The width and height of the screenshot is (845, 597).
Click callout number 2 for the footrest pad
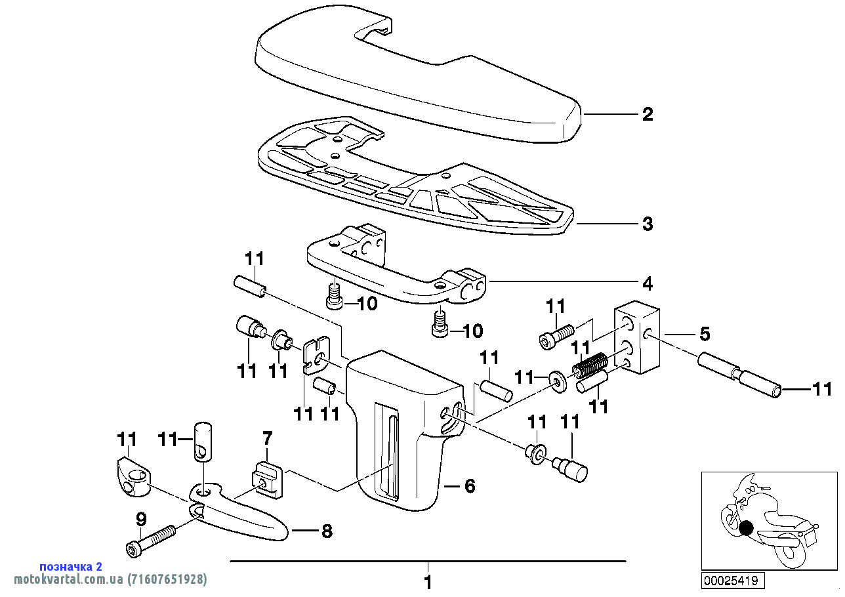[648, 114]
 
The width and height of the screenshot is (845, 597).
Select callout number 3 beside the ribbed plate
[648, 224]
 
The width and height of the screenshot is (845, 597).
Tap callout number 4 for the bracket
[648, 283]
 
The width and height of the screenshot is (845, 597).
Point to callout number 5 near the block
[705, 334]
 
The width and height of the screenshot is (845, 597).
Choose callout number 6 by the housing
[470, 486]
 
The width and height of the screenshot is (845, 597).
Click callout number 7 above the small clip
[267, 439]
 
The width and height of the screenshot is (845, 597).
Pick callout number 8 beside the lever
[327, 531]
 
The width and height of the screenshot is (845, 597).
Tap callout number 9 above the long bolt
[140, 520]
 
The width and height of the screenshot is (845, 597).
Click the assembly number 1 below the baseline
[428, 583]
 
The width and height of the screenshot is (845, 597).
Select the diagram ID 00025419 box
[733, 580]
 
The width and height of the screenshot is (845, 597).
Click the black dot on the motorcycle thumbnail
[746, 528]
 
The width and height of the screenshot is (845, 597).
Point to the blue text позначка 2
[71, 567]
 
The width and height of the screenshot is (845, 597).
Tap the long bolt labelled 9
[150, 541]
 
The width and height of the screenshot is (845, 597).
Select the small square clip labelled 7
[268, 480]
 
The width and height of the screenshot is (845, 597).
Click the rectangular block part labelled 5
[637, 337]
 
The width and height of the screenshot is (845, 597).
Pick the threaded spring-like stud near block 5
[589, 365]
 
